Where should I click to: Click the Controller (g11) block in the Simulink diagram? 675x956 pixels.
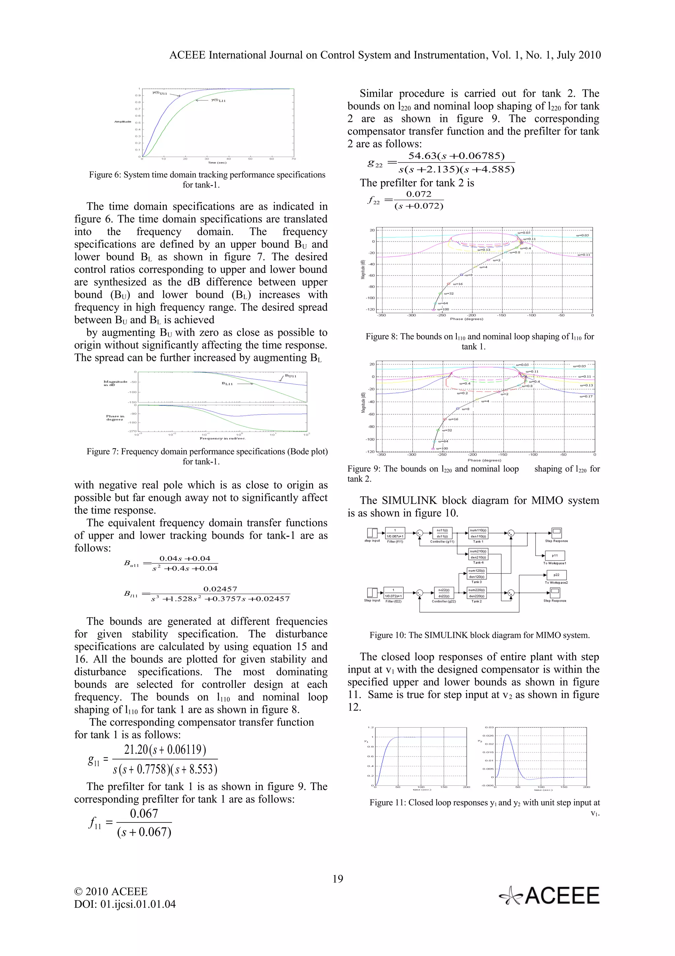[442, 533]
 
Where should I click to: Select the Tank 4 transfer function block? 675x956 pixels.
[478, 554]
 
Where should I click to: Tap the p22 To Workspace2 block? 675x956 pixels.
[556, 575]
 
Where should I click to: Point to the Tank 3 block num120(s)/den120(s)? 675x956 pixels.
[477, 574]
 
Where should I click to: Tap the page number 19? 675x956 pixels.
[338, 878]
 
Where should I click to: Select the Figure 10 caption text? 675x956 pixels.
[479, 635]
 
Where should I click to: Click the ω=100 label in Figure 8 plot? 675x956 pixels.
[443, 309]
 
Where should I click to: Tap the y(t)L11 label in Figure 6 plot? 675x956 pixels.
[218, 100]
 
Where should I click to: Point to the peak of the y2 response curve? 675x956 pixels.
[507, 735]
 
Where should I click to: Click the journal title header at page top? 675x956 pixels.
[385, 55]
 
